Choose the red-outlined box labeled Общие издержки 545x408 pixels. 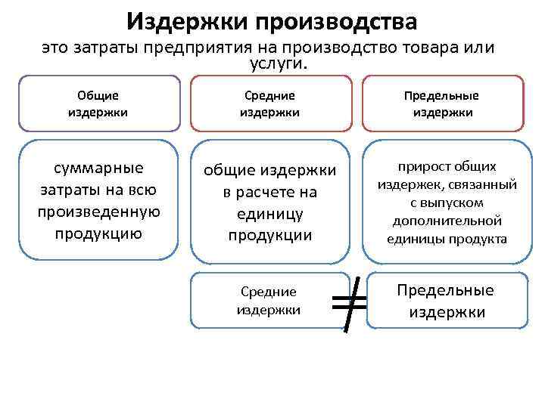(98, 104)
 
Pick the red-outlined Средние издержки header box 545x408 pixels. (269, 104)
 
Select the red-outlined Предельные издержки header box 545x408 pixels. (443, 104)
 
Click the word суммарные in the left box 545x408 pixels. (98, 167)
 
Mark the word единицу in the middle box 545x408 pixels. (269, 214)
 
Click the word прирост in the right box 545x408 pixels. (420, 166)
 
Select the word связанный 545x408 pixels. (481, 184)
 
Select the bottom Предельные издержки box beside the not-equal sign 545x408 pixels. (446, 301)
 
